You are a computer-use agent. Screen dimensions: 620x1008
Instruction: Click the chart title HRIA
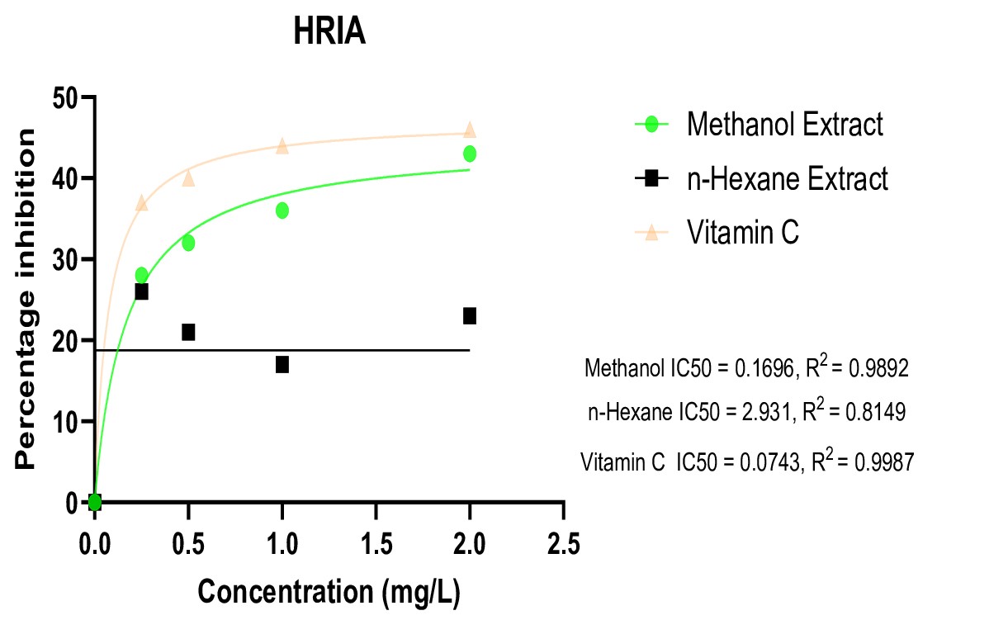[x=329, y=34]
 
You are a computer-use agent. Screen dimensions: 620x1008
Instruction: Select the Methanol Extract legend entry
[x=784, y=125]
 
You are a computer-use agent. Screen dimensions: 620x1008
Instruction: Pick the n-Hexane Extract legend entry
[x=788, y=178]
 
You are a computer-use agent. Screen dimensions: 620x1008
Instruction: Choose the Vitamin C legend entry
[x=743, y=233]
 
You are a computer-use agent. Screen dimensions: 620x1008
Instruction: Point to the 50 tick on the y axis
[x=66, y=97]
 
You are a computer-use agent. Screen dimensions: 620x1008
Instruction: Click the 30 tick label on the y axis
[x=66, y=260]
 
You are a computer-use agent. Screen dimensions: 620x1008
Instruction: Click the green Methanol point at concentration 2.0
[x=470, y=154]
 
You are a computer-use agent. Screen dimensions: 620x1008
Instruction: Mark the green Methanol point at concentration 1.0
[x=282, y=211]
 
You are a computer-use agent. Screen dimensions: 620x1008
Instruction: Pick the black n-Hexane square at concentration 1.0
[x=282, y=364]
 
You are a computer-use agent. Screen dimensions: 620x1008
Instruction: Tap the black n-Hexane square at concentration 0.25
[x=141, y=291]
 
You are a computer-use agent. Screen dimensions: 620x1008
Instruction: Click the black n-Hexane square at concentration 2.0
[x=470, y=315]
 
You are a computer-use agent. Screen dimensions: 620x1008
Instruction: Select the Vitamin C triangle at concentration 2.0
[x=470, y=130]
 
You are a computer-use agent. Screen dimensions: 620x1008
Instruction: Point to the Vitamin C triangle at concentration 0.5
[x=188, y=177]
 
